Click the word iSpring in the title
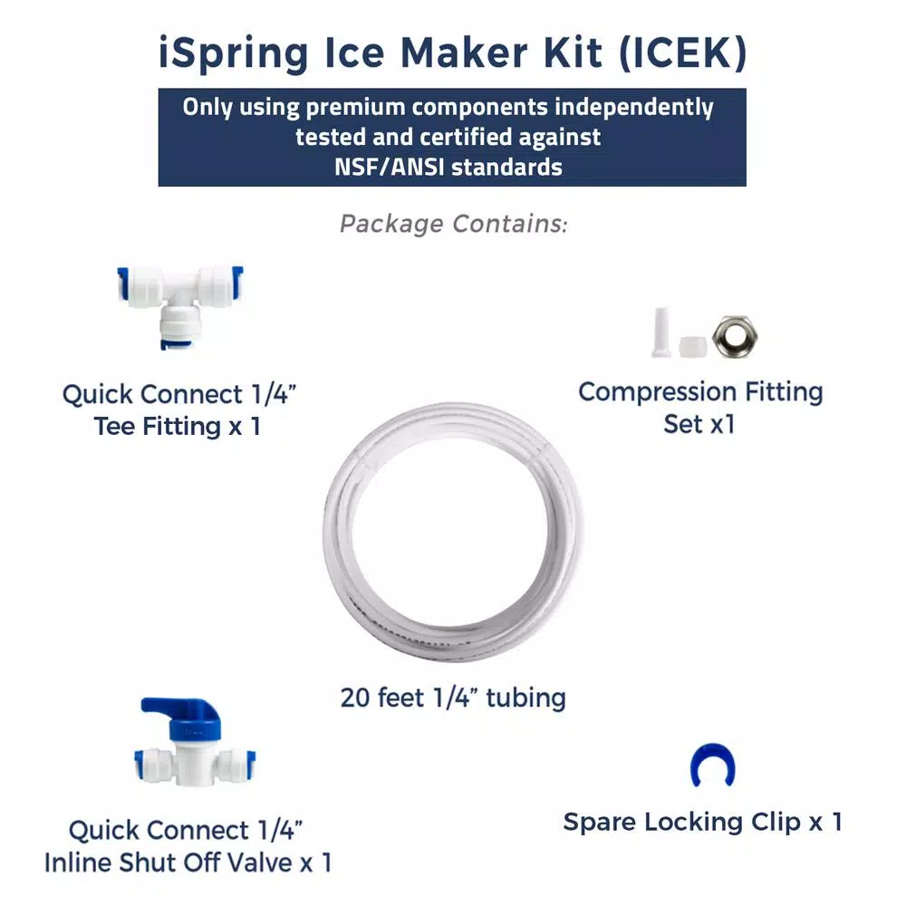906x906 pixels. coord(234,54)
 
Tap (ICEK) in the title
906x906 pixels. coord(683,53)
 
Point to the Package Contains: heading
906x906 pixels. coord(454,224)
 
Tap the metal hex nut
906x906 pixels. coord(735,336)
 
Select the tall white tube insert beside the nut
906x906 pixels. coord(661,333)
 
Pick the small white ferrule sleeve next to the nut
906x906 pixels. coord(692,347)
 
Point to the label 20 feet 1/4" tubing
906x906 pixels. coord(453,698)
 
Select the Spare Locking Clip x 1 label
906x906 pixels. coord(703,822)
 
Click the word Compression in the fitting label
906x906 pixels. coord(658,393)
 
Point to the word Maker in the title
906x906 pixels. coord(465,53)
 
